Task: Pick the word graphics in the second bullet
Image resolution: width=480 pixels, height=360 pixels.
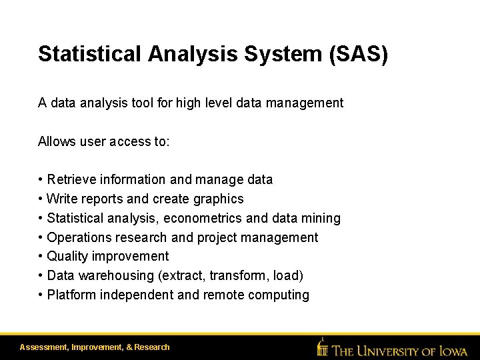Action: coord(219,199)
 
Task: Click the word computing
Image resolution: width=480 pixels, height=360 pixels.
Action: coord(280,295)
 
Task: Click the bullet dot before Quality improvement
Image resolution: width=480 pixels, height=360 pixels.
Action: coord(41,257)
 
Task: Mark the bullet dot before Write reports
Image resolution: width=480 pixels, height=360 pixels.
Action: coord(41,199)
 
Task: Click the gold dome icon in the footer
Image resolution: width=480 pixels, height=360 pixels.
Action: coord(323,347)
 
